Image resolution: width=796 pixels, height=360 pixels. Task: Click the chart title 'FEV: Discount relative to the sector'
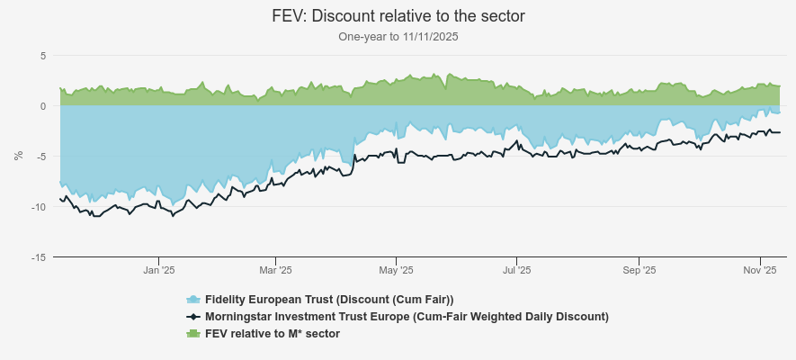tap(398, 16)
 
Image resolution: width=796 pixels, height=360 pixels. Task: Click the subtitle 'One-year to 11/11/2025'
tap(398, 37)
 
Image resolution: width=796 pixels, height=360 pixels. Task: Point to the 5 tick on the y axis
tap(42, 56)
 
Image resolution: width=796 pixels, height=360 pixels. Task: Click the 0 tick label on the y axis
tap(42, 106)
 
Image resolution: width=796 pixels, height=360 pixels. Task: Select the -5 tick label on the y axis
tap(40, 157)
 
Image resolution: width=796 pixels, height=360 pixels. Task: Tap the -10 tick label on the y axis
tap(38, 207)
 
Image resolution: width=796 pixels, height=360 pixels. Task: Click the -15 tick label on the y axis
tap(38, 257)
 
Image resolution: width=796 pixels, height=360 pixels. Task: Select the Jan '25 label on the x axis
tap(158, 270)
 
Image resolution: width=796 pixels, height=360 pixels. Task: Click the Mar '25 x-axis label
tap(275, 270)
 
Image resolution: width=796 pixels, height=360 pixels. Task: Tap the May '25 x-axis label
tap(396, 270)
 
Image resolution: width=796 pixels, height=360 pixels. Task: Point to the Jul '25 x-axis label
tap(516, 270)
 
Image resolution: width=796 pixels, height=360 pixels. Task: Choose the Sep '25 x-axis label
tap(638, 270)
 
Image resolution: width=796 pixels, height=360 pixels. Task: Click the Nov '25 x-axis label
tap(759, 270)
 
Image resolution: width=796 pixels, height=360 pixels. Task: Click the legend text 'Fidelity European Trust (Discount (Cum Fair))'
tap(329, 300)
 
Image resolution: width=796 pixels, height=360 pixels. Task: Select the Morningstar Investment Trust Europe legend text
tap(407, 317)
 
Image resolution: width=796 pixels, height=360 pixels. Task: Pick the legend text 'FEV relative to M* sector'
tap(273, 334)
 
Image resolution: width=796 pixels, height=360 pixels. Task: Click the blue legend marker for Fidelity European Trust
tap(192, 300)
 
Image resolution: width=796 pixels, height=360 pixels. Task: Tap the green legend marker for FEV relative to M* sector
tap(192, 334)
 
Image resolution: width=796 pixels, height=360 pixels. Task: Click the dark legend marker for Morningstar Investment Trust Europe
tap(192, 317)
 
